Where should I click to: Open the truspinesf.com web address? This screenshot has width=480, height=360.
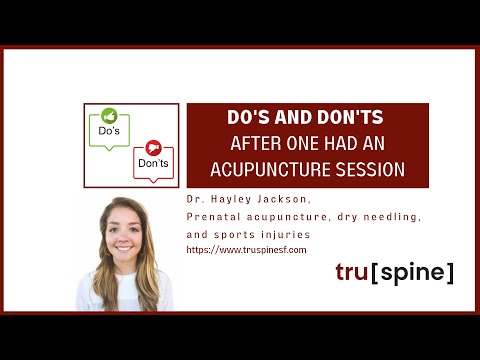pos(246,248)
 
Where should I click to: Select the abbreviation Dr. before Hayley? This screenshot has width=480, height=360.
pos(195,200)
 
